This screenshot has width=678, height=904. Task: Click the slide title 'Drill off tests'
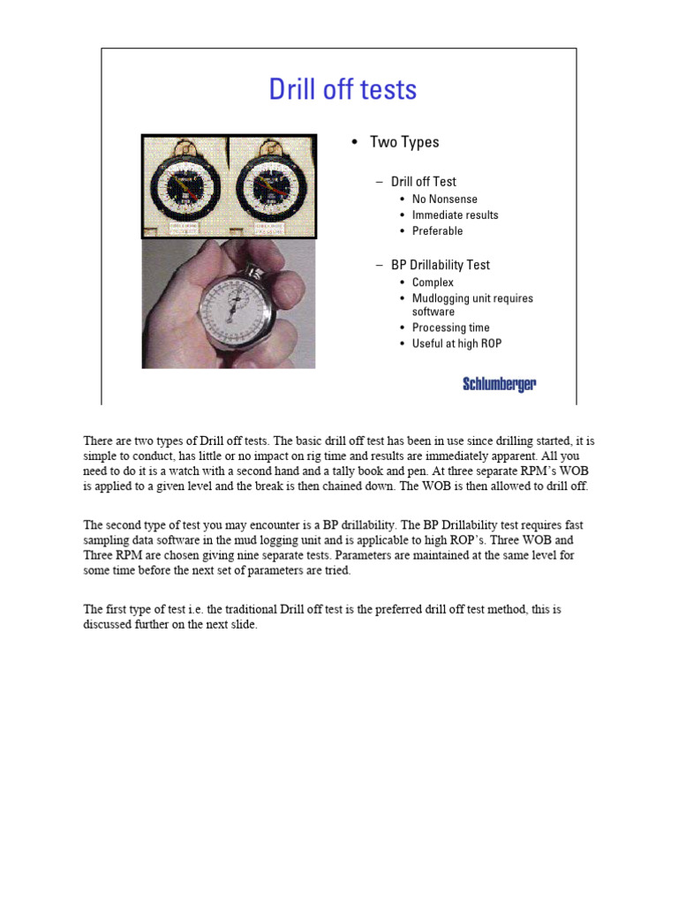pyautogui.click(x=343, y=90)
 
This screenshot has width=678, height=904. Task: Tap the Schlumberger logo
pyautogui.click(x=499, y=384)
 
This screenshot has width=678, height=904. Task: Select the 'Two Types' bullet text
pyautogui.click(x=403, y=142)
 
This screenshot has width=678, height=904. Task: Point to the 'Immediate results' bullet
pyautogui.click(x=455, y=215)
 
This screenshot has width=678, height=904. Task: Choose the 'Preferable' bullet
pyautogui.click(x=437, y=230)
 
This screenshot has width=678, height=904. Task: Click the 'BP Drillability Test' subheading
pyautogui.click(x=440, y=265)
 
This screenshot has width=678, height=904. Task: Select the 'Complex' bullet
pyautogui.click(x=433, y=282)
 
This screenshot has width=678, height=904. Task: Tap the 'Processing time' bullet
pyautogui.click(x=450, y=328)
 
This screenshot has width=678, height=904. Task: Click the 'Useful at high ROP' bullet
pyautogui.click(x=456, y=343)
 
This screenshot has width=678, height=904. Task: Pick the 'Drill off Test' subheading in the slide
pyautogui.click(x=423, y=182)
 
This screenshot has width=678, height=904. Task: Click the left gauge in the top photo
pyautogui.click(x=185, y=186)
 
